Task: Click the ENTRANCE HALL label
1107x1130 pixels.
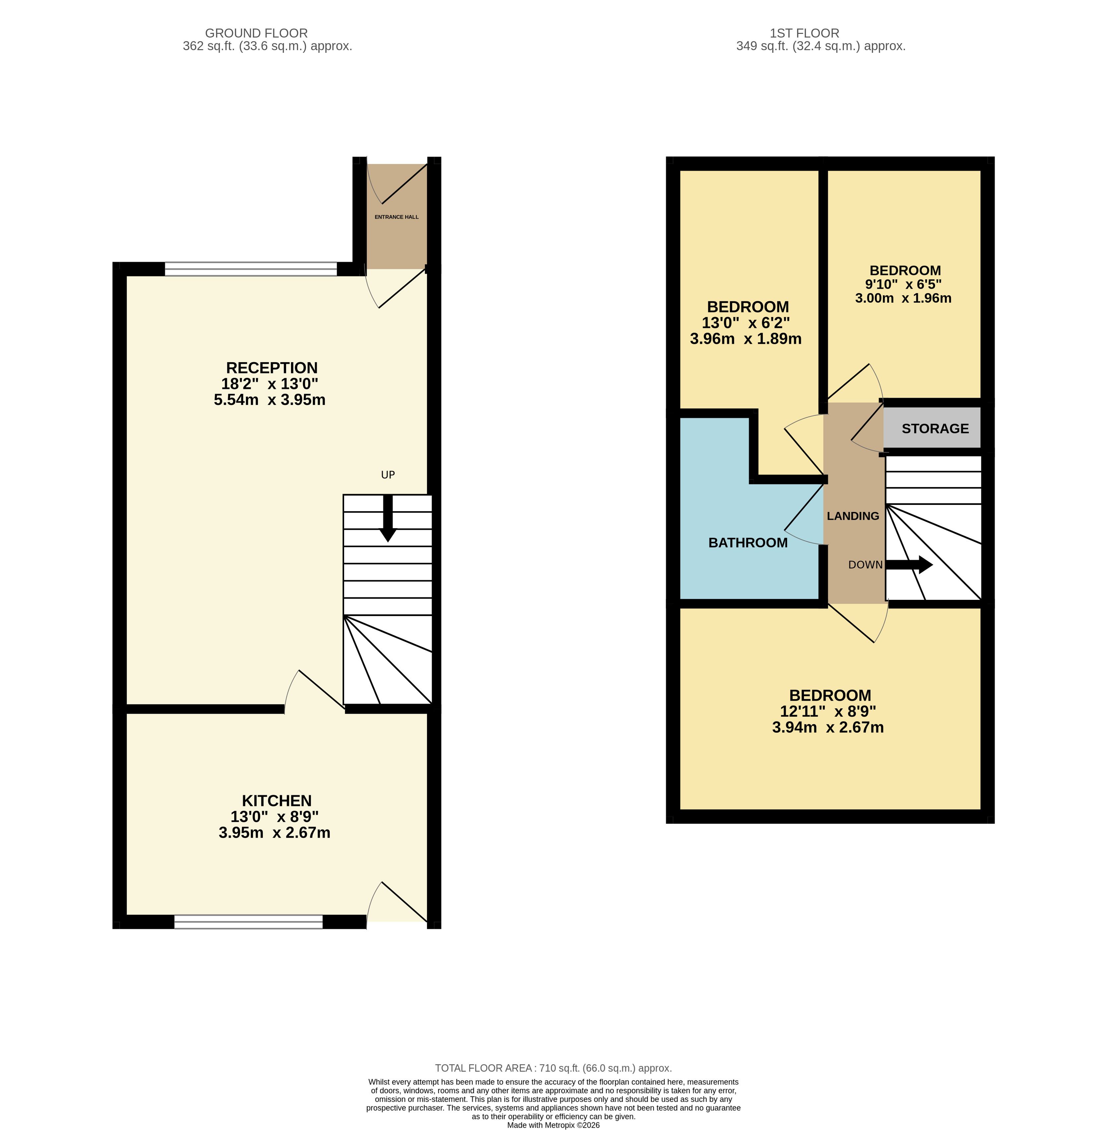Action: point(397,217)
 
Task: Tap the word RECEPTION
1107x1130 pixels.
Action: point(272,368)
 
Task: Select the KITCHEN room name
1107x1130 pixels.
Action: point(277,801)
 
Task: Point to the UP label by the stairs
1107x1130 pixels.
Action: point(388,475)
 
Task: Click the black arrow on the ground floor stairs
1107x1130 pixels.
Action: point(388,518)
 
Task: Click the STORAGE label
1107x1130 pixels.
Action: point(935,429)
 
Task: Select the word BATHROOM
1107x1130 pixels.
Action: point(748,543)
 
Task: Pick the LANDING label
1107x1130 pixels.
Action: point(853,516)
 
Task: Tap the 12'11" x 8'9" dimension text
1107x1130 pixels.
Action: point(828,711)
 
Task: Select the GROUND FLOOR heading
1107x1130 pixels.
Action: point(257,33)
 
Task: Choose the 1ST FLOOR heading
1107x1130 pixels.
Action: point(805,33)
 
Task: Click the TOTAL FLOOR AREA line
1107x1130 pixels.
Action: point(553,1068)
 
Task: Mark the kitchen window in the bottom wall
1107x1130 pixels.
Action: point(248,921)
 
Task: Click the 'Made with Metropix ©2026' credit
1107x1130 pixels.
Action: point(553,1125)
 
